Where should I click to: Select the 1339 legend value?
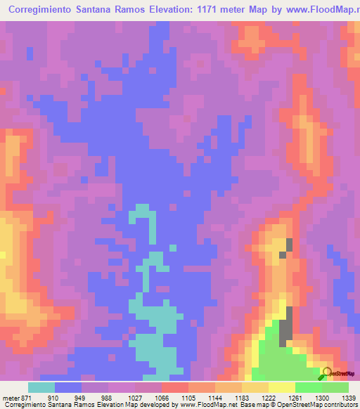(x=349, y=397)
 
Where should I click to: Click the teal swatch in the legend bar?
(x=41, y=387)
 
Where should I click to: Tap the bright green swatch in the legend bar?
(x=309, y=387)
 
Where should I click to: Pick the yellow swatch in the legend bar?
(x=282, y=387)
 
